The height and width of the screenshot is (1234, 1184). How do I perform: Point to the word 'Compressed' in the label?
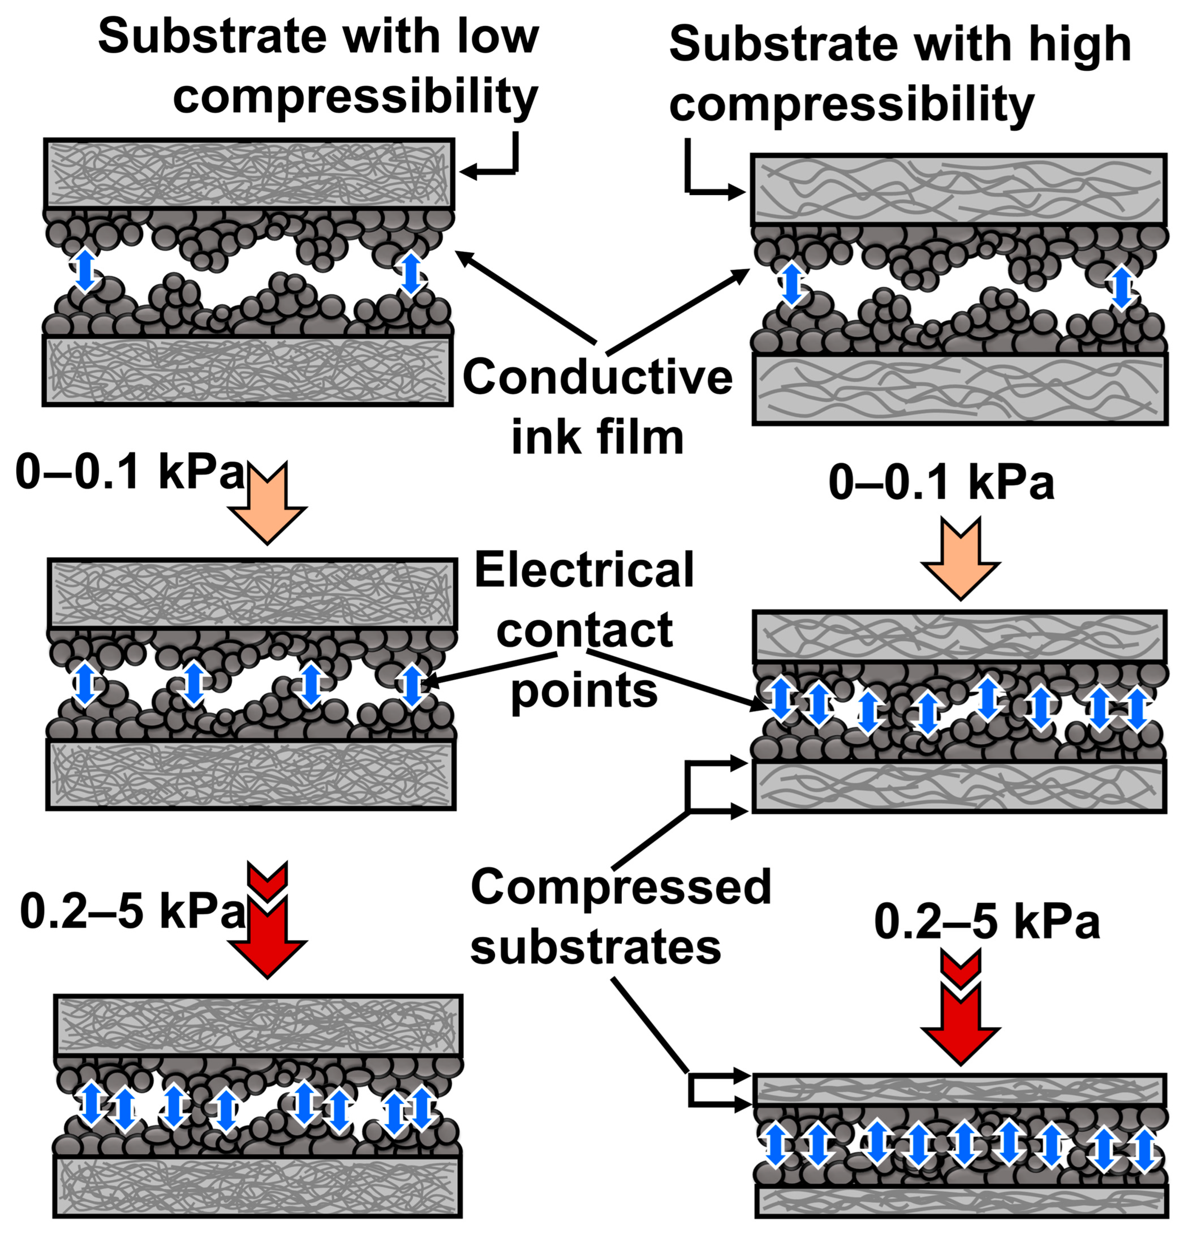(x=620, y=887)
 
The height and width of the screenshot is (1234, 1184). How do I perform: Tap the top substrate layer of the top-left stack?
(x=249, y=173)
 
